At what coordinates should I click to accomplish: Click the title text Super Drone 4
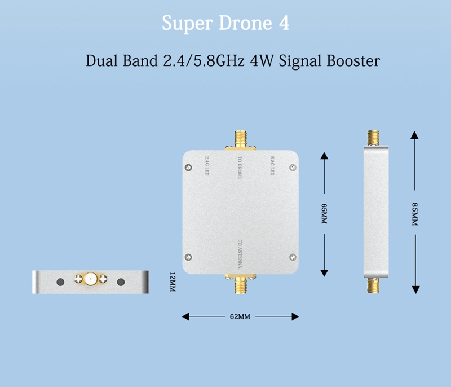pos(225,23)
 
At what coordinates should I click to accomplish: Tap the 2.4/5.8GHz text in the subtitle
pos(204,61)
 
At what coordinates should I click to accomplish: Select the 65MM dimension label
pos(324,213)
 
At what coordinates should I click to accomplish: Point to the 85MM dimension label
pos(414,214)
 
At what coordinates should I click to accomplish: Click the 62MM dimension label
pos(240,317)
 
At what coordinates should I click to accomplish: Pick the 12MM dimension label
pos(173,282)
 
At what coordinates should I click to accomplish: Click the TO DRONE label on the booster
pos(240,167)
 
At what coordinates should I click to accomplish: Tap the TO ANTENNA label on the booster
pos(240,254)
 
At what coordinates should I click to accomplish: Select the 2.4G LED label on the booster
pos(207,165)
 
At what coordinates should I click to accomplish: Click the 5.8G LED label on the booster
pos(272,165)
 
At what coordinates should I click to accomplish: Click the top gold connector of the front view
pos(241,140)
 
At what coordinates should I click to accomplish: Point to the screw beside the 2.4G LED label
pos(188,167)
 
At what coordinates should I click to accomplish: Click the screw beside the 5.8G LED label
pos(293,167)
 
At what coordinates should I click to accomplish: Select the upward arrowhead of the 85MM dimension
pos(414,135)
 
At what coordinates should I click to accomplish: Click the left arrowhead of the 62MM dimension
pos(185,316)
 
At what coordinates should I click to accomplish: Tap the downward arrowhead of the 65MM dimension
pos(324,273)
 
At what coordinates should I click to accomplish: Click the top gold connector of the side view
pos(373,138)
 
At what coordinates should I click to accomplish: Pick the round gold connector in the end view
pos(91,279)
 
